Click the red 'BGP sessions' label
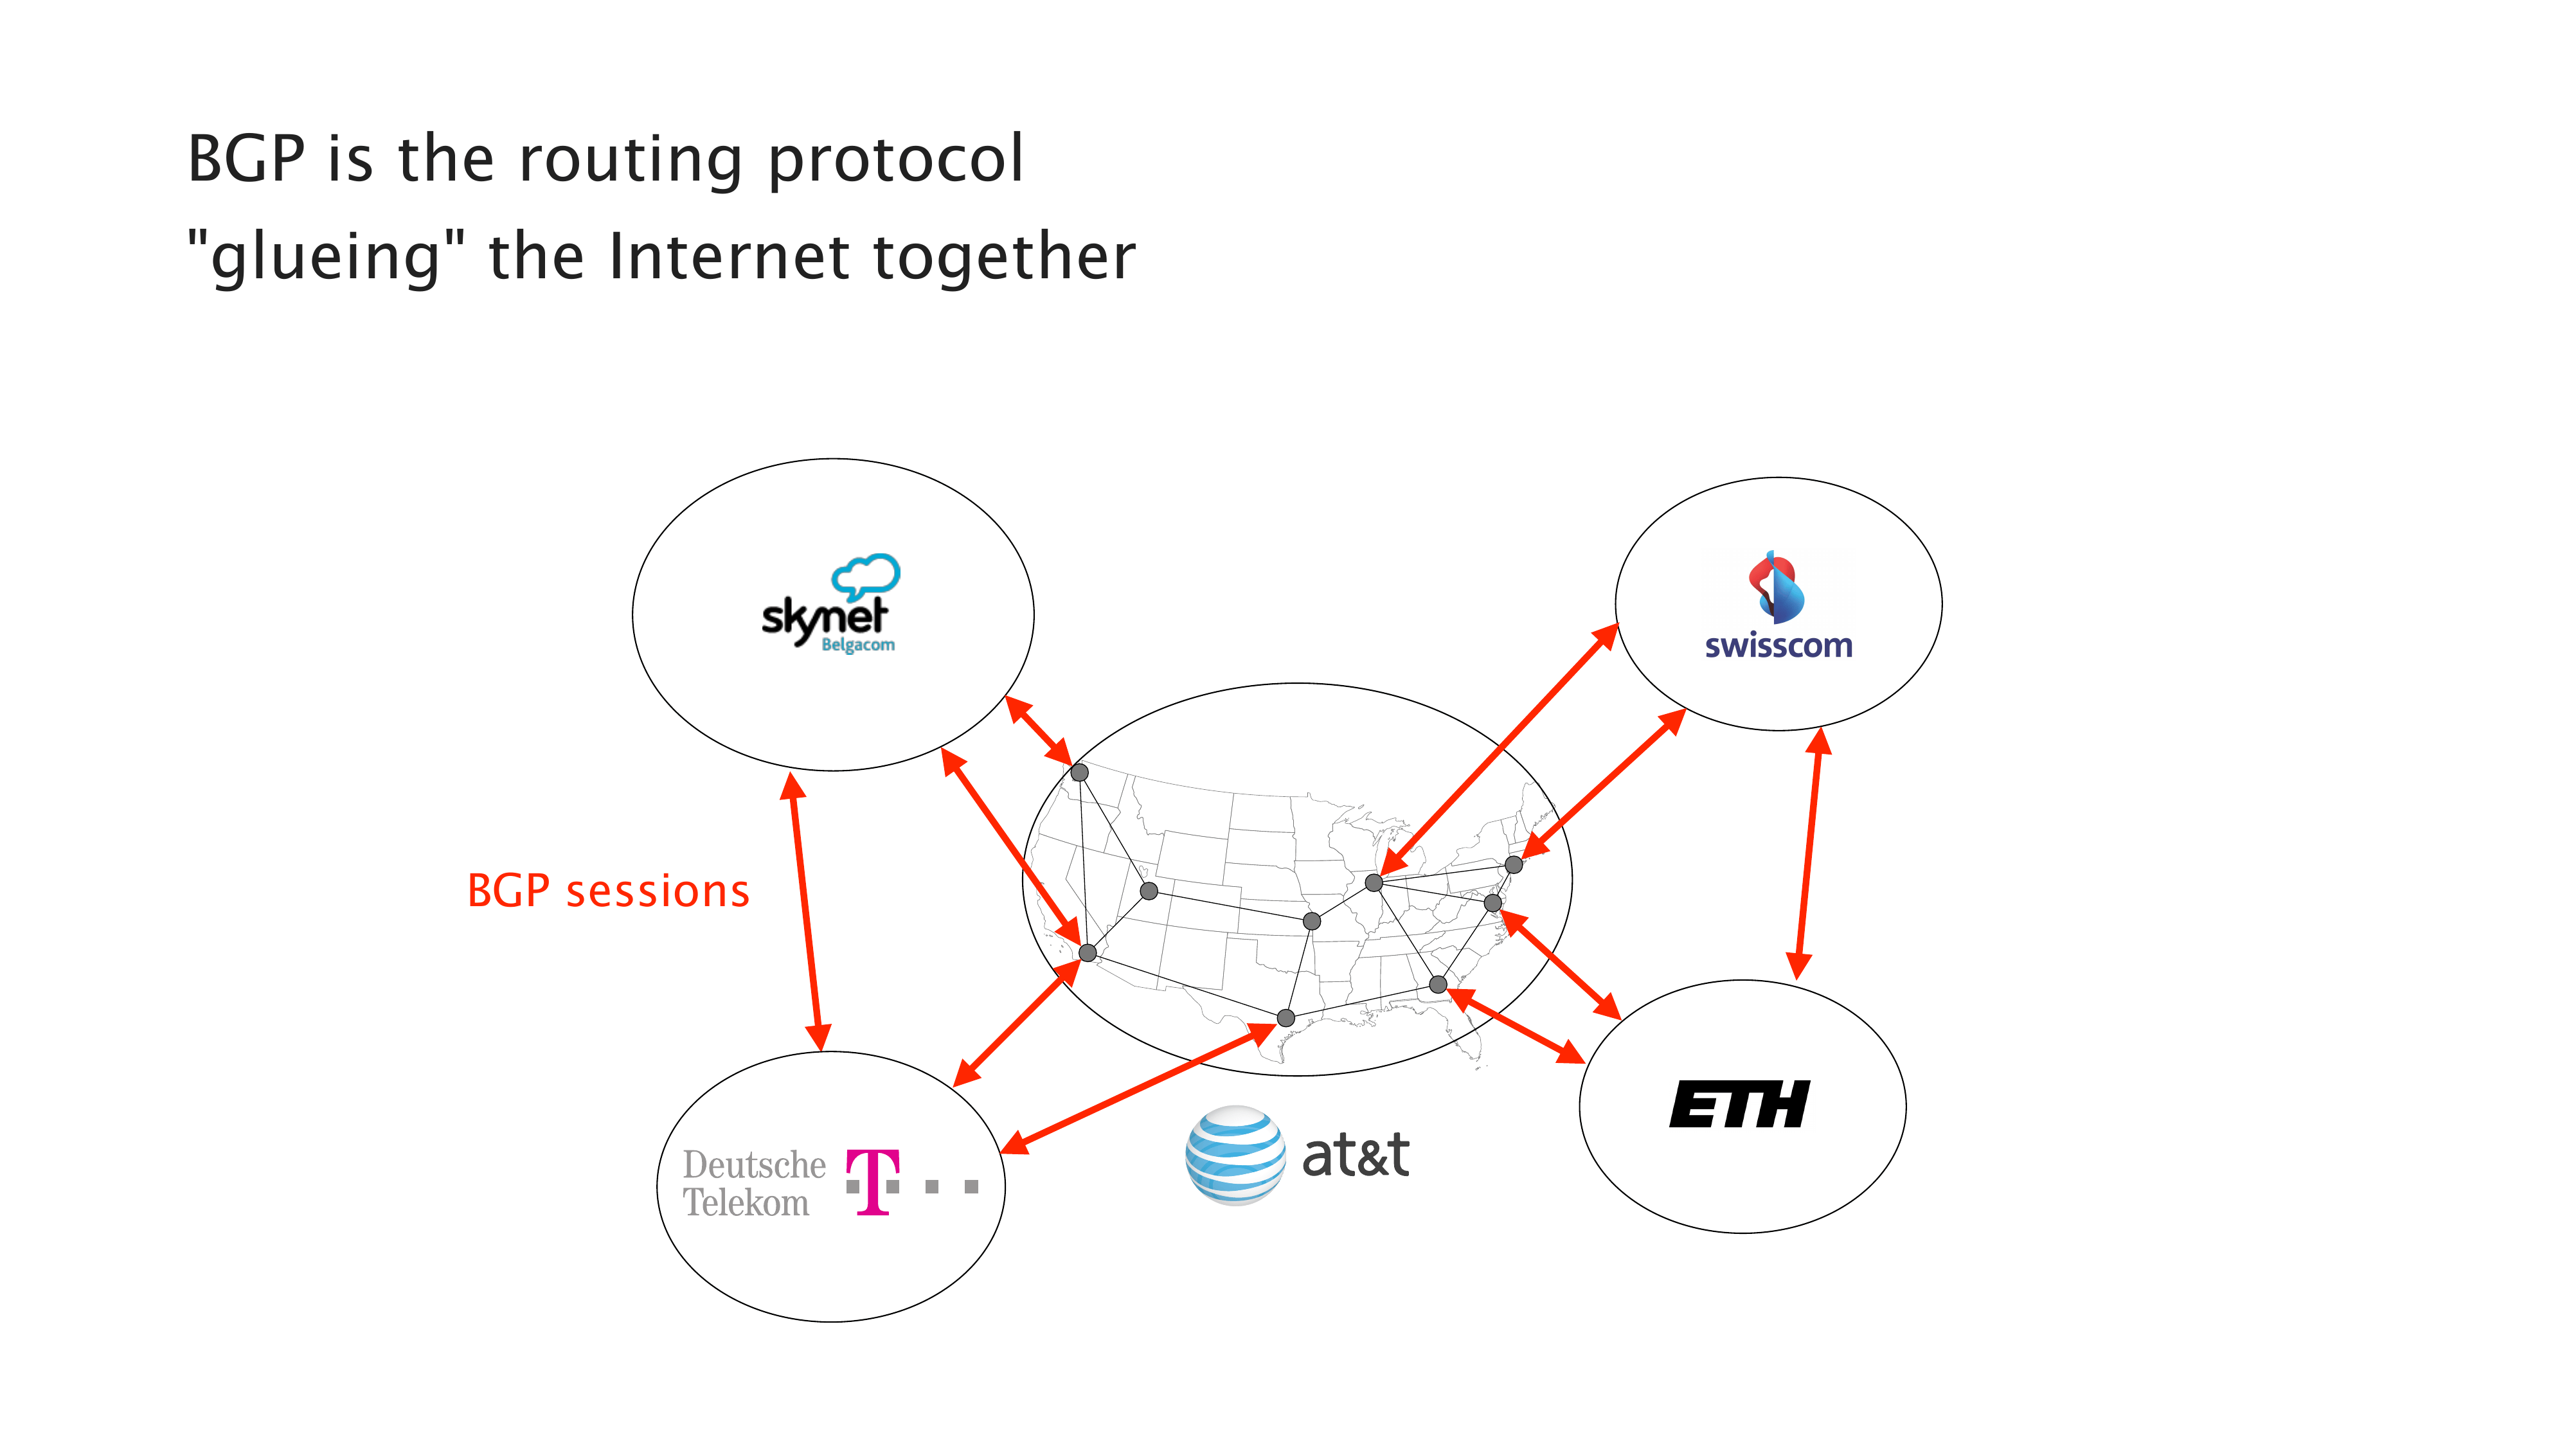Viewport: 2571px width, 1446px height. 608,891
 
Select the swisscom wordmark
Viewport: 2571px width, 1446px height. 1778,646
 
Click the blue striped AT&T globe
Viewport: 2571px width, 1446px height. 1235,1155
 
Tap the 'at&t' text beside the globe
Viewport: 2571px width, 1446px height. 1356,1156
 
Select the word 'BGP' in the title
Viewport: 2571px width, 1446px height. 246,159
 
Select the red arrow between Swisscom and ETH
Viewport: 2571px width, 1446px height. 1809,853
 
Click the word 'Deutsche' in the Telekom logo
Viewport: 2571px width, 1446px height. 753,1165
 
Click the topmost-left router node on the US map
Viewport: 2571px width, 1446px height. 1079,772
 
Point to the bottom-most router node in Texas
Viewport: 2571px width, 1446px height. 1285,1018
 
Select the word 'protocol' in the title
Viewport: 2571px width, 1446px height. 895,159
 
